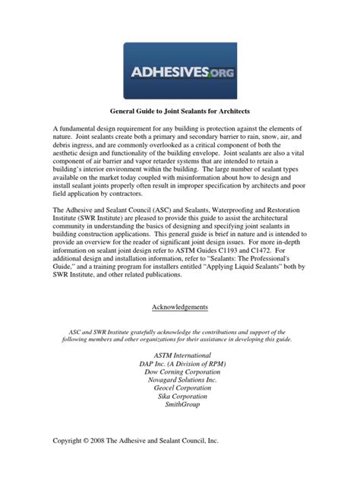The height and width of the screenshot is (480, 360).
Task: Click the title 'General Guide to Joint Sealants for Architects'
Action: click(x=179, y=111)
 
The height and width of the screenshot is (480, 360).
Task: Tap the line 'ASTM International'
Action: click(x=179, y=356)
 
